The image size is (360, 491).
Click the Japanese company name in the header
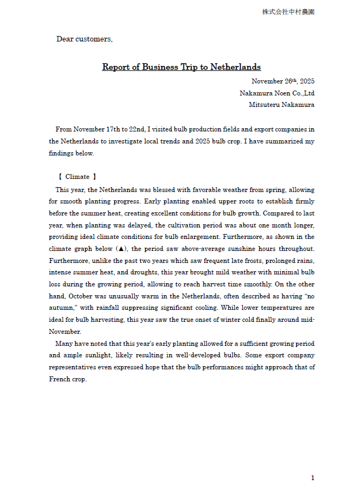point(288,12)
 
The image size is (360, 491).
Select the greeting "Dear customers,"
point(85,39)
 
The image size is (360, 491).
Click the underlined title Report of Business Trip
point(181,67)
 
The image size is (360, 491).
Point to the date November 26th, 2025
point(283,81)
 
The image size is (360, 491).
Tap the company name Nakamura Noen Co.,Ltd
point(277,93)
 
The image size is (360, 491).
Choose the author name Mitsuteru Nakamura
point(281,105)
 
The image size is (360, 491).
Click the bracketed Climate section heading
point(77,177)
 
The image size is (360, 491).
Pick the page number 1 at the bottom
point(313,478)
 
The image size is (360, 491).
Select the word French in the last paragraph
point(59,379)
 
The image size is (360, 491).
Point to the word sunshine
point(250,249)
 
